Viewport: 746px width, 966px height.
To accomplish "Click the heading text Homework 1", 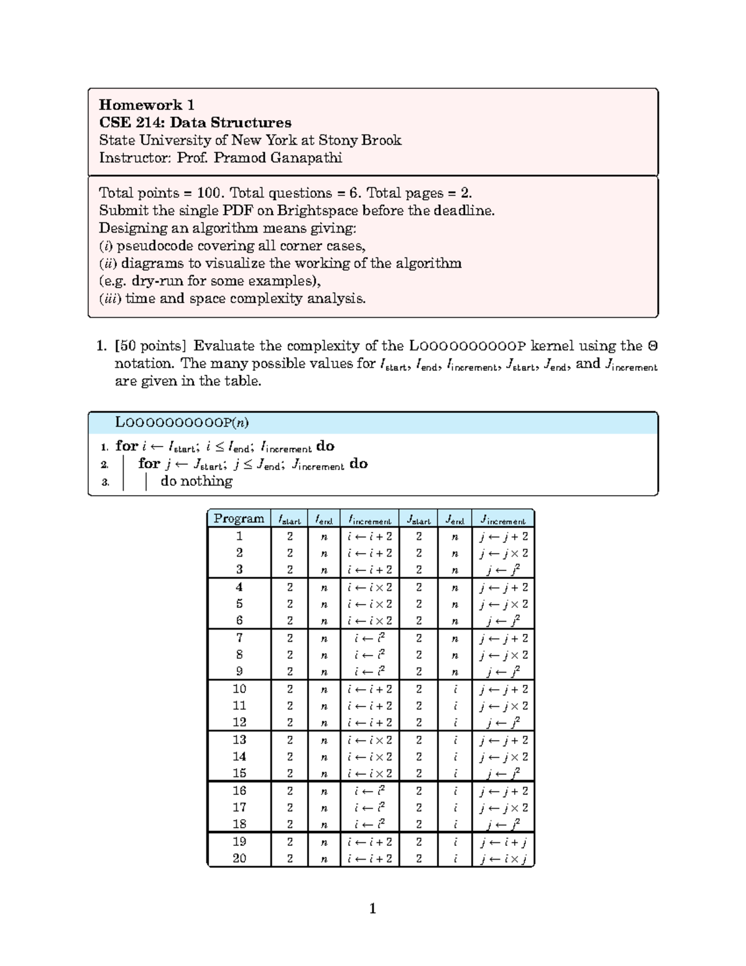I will (x=147, y=104).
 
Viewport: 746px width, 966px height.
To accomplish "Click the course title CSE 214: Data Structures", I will (x=195, y=122).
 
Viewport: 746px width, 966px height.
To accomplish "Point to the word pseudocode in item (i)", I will (x=159, y=246).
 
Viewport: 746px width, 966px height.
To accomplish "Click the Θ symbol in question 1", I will (x=653, y=346).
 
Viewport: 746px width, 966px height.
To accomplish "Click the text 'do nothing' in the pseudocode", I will (x=196, y=481).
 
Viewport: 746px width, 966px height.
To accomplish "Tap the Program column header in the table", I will (x=239, y=519).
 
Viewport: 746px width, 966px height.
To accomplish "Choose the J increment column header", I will (x=503, y=519).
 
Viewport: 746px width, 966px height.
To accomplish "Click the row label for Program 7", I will (x=239, y=638).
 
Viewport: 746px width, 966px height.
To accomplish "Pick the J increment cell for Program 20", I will (x=503, y=858).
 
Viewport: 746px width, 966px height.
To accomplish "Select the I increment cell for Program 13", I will (x=370, y=740).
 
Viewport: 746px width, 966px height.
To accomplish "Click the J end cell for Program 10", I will (x=455, y=689).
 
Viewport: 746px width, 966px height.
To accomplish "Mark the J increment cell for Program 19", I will (x=503, y=842).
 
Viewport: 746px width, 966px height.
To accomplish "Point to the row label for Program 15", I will (x=239, y=773).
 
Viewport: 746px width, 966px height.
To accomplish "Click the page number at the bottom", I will (x=372, y=909).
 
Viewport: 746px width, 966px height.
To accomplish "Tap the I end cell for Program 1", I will (x=324, y=536).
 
